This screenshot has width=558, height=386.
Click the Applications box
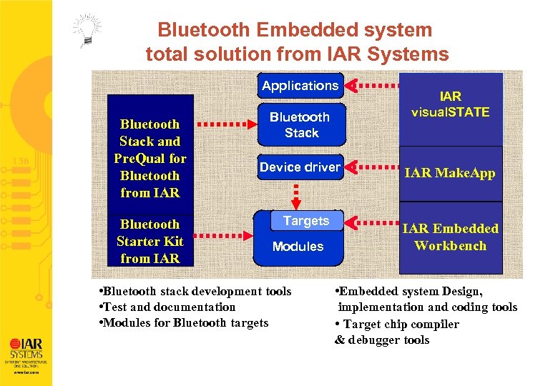pos(300,86)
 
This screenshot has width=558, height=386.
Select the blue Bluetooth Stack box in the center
pos(300,125)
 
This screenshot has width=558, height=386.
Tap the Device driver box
pos(300,167)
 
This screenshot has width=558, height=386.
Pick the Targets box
pos(306,221)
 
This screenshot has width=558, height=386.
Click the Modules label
pos(298,247)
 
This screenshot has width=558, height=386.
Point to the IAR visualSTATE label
pos(450,104)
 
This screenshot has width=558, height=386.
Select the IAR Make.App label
pos(450,173)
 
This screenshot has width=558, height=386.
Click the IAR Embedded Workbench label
pos(450,237)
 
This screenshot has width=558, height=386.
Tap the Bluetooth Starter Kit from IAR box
pos(150,242)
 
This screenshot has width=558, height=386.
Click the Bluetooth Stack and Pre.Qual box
pos(150,158)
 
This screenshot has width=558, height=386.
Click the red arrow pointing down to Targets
pos(295,192)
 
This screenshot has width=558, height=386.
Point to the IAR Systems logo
pos(25,350)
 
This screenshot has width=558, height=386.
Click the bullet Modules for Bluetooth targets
pos(185,323)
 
